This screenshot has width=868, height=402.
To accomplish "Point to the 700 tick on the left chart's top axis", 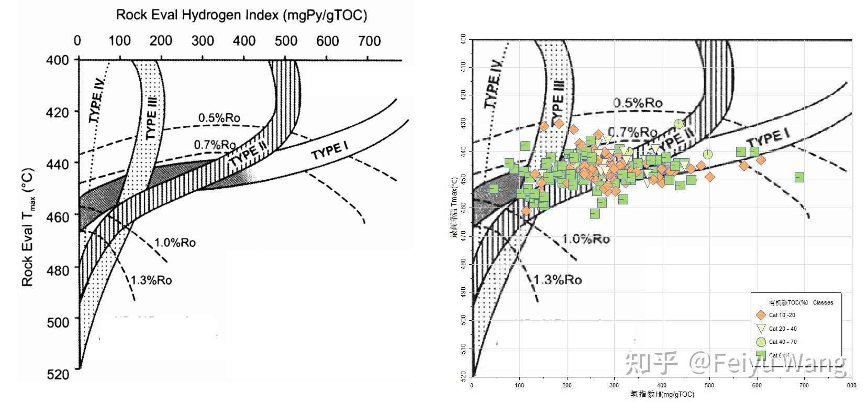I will (x=369, y=41).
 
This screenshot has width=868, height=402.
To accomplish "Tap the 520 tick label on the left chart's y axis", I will (x=58, y=374).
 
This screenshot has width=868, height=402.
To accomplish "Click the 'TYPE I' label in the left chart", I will (x=329, y=151).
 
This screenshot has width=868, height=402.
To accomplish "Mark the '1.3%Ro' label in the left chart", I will (x=151, y=280).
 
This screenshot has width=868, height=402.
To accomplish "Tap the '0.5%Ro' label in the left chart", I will (x=219, y=117).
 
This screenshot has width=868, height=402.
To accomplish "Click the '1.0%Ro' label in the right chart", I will (x=585, y=239).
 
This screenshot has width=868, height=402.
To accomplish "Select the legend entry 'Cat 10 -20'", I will (x=782, y=316).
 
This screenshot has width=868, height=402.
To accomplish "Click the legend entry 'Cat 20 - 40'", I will (x=783, y=329).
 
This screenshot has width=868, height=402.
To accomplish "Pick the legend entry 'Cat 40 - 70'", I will (x=783, y=342).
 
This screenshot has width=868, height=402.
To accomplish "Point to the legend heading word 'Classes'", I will (x=823, y=302).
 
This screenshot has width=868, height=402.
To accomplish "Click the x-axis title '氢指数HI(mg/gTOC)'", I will (x=662, y=394).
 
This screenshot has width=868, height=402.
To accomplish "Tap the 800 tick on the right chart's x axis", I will (x=851, y=385).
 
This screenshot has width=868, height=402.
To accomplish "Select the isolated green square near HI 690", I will (x=799, y=177).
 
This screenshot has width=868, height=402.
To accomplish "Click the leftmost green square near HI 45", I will (x=494, y=189).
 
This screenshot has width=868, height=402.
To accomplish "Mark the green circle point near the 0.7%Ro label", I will (x=678, y=124).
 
